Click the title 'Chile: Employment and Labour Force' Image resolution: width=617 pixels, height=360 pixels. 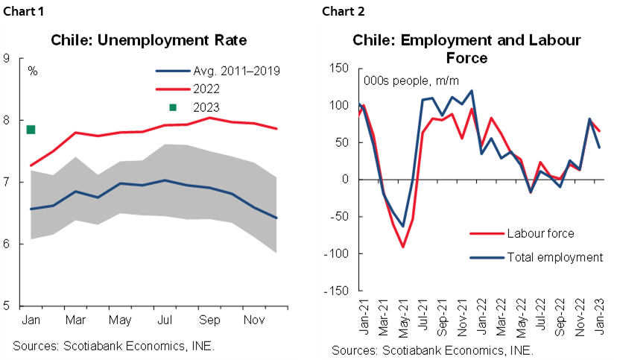coord(466,48)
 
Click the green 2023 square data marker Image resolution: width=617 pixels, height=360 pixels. coord(31,130)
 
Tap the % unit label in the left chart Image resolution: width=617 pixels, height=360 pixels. coord(33,72)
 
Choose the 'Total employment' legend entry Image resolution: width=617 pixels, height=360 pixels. coord(554,257)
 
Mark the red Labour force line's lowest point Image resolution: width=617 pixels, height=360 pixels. coord(403,247)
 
